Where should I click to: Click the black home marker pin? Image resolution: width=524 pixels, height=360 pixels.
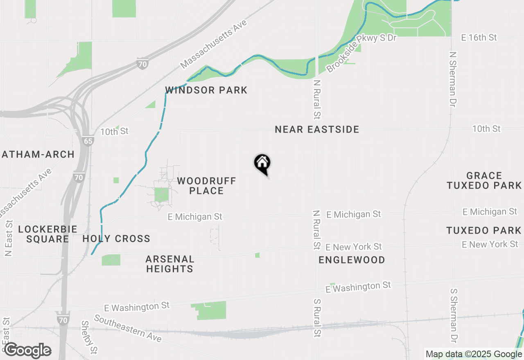(x=262, y=164)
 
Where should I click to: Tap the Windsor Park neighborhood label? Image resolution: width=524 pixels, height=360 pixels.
(x=206, y=90)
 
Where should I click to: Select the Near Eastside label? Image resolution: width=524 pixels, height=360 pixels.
(x=317, y=130)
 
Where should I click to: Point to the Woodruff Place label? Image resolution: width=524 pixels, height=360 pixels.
(x=207, y=186)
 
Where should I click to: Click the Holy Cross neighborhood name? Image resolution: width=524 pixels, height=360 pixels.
(x=117, y=239)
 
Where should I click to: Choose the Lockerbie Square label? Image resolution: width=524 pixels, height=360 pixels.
(x=47, y=234)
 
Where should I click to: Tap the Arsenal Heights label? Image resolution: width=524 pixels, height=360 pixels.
(x=170, y=264)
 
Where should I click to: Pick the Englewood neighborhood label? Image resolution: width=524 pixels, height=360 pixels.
(x=352, y=260)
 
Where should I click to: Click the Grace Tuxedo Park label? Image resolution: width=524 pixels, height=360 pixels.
(x=484, y=180)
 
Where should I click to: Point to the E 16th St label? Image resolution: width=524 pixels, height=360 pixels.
(x=479, y=38)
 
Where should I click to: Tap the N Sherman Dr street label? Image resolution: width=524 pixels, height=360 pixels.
(x=452, y=79)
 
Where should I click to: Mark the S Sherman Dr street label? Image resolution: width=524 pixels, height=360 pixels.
(x=453, y=315)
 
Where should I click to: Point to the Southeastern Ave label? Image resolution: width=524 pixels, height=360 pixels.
(x=128, y=328)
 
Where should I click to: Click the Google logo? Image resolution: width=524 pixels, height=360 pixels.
(x=27, y=350)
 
